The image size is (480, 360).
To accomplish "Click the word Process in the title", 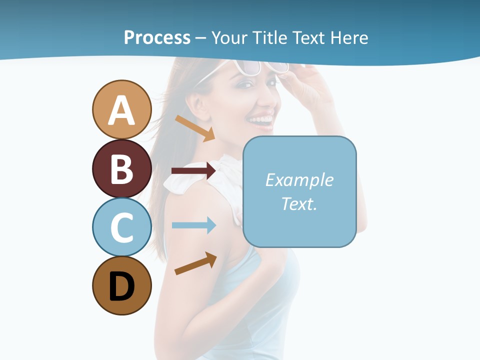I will click(157, 37).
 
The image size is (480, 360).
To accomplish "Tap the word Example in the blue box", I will click(299, 180).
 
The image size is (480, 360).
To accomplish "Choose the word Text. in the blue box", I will click(299, 203).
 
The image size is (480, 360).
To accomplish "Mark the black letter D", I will click(121, 287).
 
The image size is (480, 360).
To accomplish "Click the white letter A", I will click(121, 110).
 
